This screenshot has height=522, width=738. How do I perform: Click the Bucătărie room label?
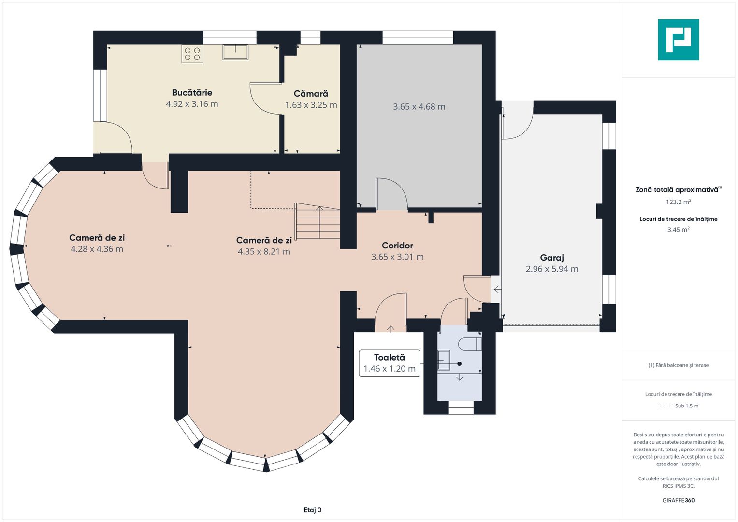(192, 93)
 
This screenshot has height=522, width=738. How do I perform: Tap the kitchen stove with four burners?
(192, 54)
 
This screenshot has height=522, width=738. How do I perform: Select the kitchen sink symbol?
(235, 52)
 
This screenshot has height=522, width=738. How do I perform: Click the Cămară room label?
(311, 94)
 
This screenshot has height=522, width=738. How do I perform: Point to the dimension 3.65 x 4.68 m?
(419, 107)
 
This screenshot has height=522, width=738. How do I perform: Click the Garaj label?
(552, 258)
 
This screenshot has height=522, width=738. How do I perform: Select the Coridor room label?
(397, 246)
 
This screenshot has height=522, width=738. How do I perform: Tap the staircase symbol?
(318, 221)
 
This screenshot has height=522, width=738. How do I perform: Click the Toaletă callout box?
(390, 363)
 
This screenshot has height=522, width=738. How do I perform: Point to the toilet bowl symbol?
(470, 344)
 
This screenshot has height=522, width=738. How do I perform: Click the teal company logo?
(679, 40)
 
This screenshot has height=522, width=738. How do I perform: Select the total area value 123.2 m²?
(679, 202)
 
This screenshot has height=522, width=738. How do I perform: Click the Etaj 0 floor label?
(312, 510)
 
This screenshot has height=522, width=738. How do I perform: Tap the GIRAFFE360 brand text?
(679, 500)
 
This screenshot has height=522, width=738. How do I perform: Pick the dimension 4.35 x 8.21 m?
(264, 252)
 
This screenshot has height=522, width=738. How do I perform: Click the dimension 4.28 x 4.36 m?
(97, 249)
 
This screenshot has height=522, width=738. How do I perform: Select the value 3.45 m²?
(679, 230)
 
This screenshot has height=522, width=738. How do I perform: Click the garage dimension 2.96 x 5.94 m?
(552, 269)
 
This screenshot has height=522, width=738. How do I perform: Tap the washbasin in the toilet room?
(444, 360)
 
